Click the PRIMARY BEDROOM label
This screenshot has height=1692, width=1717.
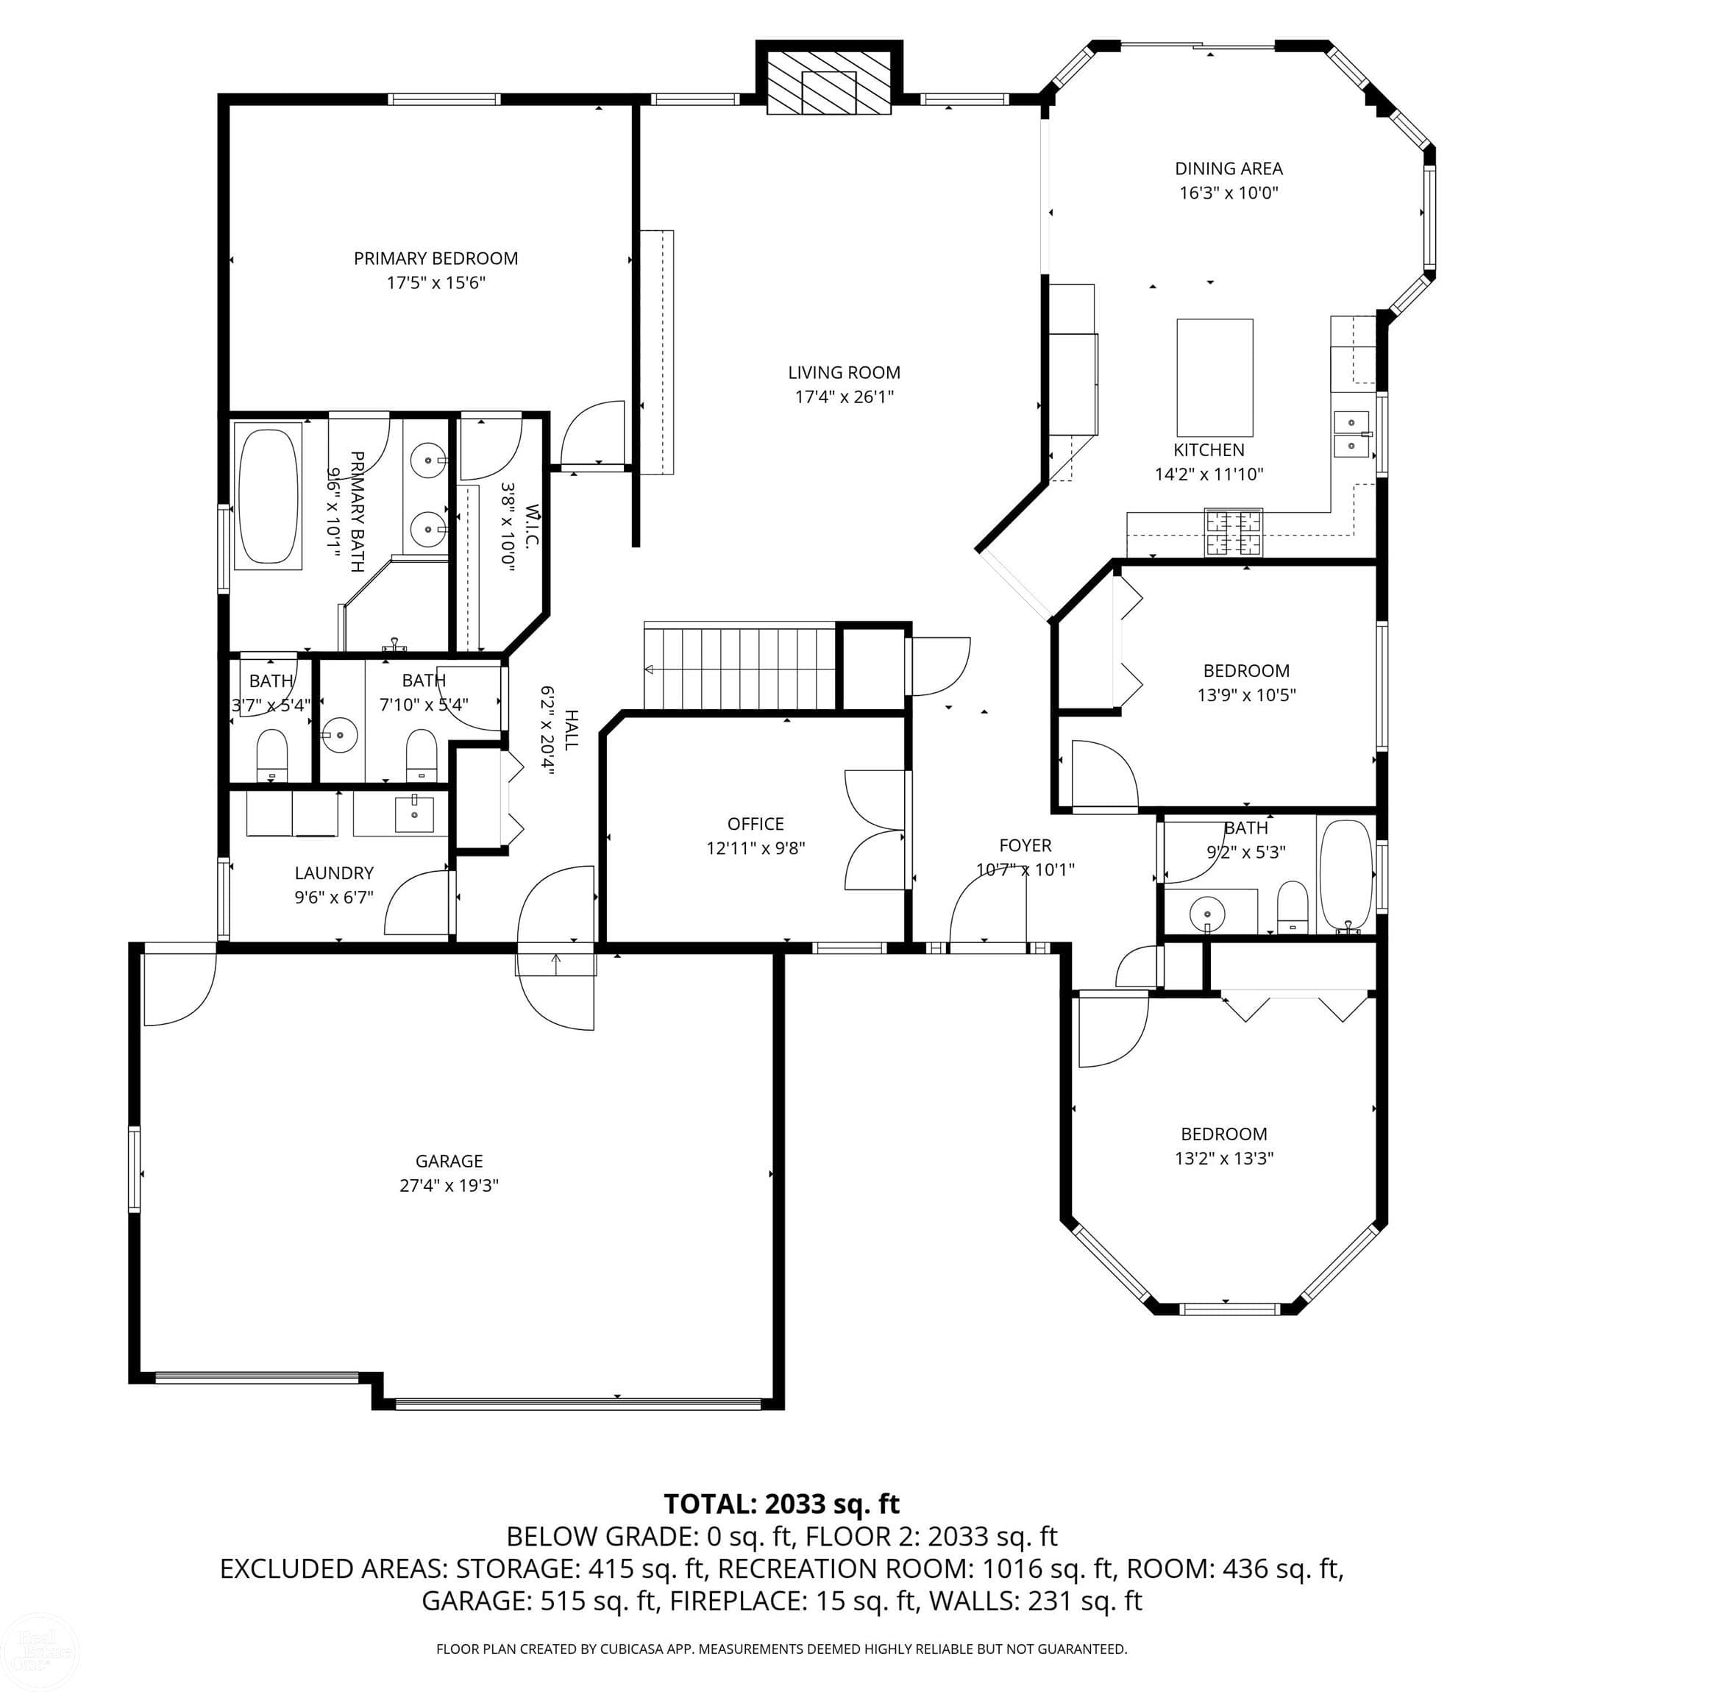click(x=436, y=259)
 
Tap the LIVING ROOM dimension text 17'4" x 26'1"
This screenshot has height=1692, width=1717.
click(x=843, y=397)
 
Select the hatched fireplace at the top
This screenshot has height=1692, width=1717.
click(x=828, y=82)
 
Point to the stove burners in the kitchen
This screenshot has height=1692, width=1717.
click(x=1233, y=531)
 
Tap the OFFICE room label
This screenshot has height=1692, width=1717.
click(x=755, y=824)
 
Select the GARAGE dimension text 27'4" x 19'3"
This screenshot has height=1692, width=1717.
click(x=449, y=1184)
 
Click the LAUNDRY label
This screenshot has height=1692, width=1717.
click(x=333, y=872)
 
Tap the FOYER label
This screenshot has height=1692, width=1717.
click(x=1025, y=845)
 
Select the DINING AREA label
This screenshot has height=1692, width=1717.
click(x=1229, y=168)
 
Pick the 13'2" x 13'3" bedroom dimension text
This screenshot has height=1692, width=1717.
click(x=1224, y=1158)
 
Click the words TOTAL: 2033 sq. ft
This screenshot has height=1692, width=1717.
click(x=781, y=1504)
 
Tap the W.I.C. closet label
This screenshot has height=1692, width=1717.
click(x=531, y=526)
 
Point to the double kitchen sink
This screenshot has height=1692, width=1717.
click(x=1351, y=433)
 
